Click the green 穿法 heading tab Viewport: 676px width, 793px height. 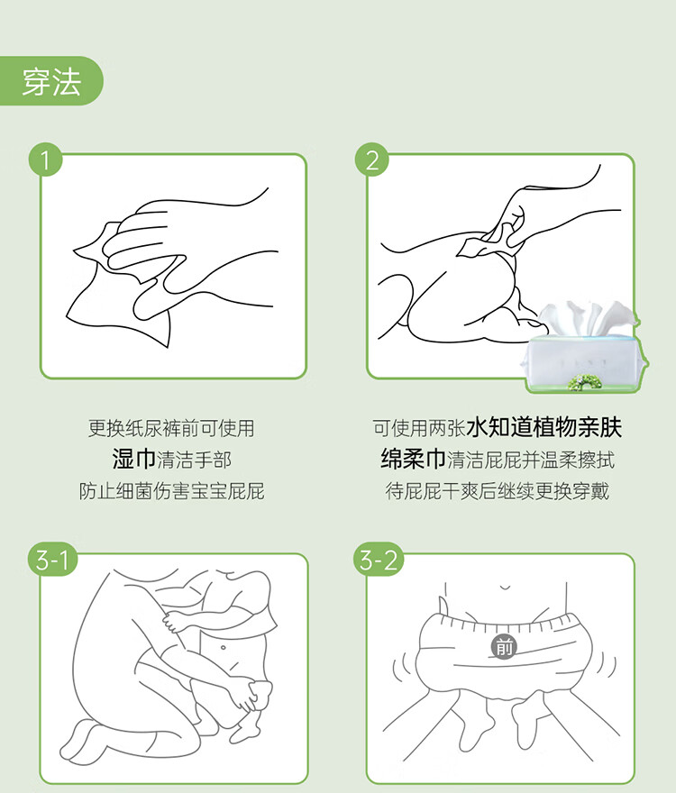51,81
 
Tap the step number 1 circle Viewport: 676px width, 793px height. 45,160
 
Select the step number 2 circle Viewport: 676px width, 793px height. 372,160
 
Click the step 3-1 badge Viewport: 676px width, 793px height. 52,560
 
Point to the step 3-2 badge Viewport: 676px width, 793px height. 379,560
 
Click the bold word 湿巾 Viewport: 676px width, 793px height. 134,460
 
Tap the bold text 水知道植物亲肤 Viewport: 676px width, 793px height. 544,427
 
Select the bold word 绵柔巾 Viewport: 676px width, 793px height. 414,460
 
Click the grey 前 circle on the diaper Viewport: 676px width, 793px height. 504,647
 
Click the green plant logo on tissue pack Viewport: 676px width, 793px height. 586,382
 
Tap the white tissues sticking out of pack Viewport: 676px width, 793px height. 587,319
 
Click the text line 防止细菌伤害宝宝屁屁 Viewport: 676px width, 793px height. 171,491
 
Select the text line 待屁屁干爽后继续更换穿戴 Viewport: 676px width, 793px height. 498,491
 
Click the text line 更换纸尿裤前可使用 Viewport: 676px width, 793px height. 171,428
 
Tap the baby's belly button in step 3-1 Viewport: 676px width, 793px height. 223,648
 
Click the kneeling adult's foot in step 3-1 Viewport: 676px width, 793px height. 84,741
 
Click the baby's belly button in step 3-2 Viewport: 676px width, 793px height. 505,588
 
